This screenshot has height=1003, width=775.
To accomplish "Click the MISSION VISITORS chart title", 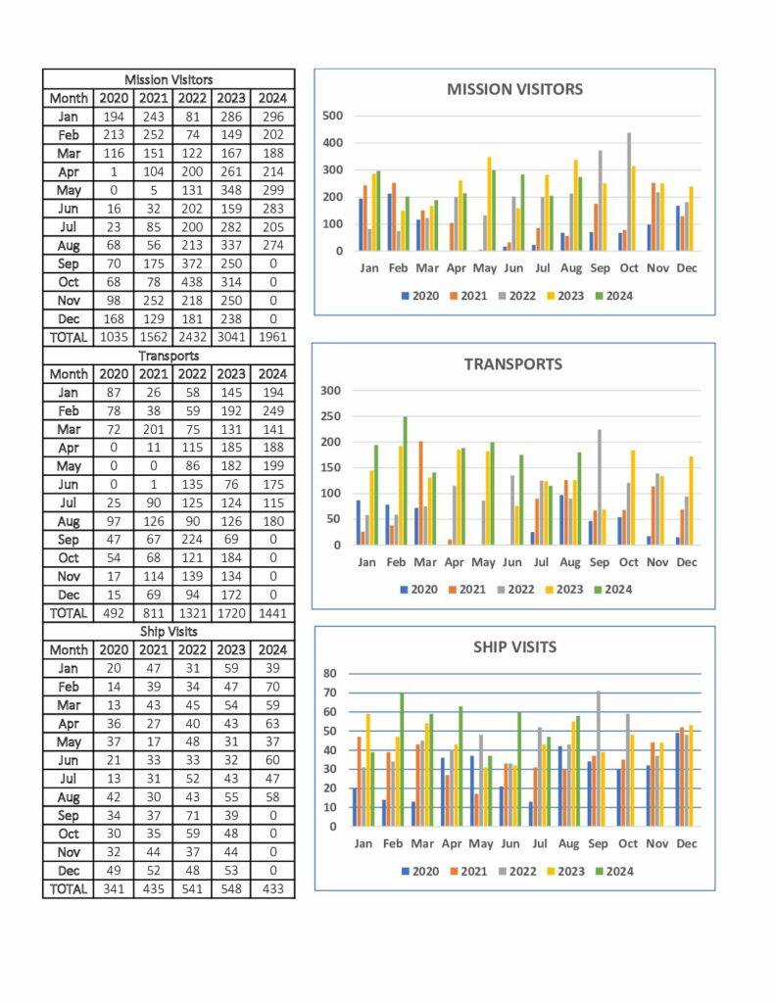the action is pyautogui.click(x=514, y=89).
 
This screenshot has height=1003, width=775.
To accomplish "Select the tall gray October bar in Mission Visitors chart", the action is pyautogui.click(x=629, y=192).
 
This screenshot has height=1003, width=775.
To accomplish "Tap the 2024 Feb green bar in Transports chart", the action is pyautogui.click(x=405, y=480).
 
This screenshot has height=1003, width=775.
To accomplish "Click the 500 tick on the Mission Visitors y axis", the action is pyautogui.click(x=333, y=116).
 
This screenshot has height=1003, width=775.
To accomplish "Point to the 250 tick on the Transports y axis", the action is pyautogui.click(x=331, y=415).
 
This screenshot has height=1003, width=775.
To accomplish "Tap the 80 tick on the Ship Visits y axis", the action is pyautogui.click(x=330, y=673).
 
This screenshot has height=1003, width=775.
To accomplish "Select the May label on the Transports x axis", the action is pyautogui.click(x=483, y=562).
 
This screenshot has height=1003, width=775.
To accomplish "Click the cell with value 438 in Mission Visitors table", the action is pyautogui.click(x=192, y=282).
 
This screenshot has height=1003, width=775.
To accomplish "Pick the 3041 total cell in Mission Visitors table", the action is pyautogui.click(x=231, y=337).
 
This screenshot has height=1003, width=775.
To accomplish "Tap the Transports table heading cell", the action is pyautogui.click(x=169, y=356).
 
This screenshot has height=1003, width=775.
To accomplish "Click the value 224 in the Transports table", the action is pyautogui.click(x=192, y=540).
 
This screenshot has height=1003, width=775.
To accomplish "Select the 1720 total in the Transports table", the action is pyautogui.click(x=231, y=613).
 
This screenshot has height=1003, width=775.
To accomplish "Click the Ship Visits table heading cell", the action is pyautogui.click(x=169, y=632).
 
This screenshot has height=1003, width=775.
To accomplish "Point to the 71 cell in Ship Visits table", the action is pyautogui.click(x=192, y=816).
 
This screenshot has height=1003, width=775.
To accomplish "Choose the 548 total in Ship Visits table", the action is pyautogui.click(x=231, y=889).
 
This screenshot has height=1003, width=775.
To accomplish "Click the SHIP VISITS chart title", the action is pyautogui.click(x=514, y=646).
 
